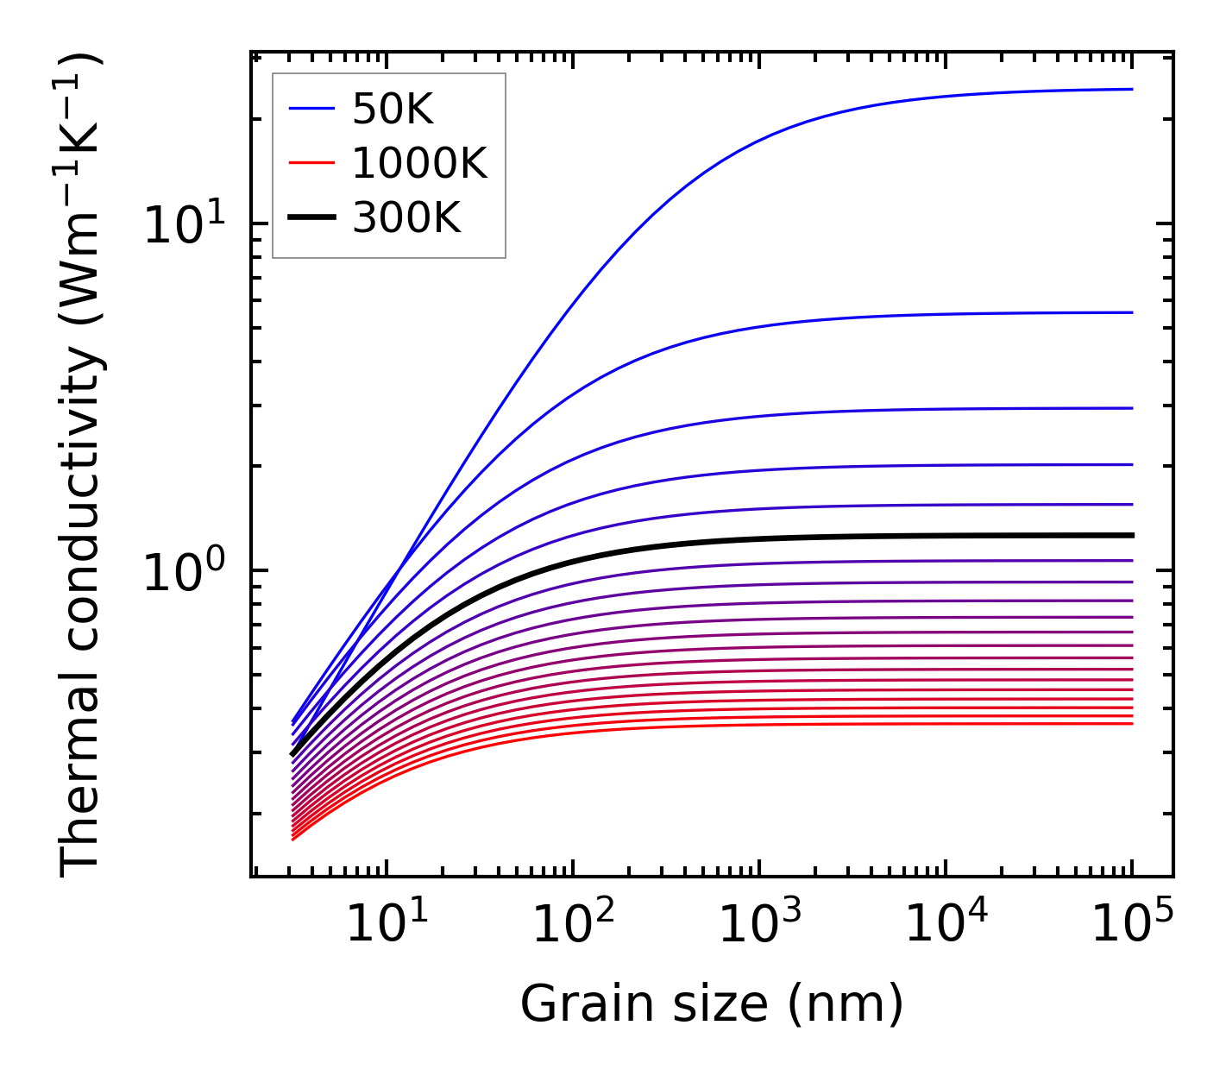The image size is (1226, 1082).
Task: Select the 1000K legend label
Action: click(419, 163)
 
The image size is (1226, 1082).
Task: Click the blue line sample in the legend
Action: click(311, 109)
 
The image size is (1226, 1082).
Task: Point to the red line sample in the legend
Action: click(311, 163)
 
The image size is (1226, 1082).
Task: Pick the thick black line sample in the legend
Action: click(311, 218)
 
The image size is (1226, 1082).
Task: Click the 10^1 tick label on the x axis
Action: click(386, 925)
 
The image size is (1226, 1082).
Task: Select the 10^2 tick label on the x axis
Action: click(573, 925)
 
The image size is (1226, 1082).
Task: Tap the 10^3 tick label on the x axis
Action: click(759, 925)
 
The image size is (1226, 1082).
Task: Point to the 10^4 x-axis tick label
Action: click(946, 925)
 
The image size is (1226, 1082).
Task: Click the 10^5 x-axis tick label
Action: click(1132, 925)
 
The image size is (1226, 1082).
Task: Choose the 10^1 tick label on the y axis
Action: click(182, 225)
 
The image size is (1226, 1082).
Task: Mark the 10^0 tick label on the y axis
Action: click(182, 572)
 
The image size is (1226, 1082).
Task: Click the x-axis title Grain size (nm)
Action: click(712, 1004)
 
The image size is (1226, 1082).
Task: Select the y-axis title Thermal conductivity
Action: click(82, 464)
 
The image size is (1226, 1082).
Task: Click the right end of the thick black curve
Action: click(1131, 535)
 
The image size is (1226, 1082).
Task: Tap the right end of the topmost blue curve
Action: click(1131, 89)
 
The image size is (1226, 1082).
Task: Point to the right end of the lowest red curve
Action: click(1131, 723)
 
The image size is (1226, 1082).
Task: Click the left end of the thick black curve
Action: click(292, 755)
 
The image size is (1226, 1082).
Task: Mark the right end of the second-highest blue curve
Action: click(1131, 312)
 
